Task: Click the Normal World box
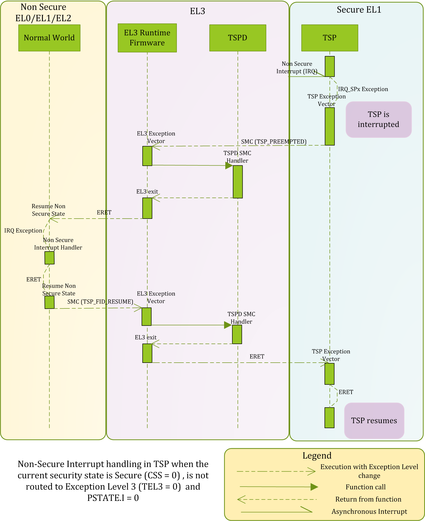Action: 49,38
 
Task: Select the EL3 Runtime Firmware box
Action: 147,38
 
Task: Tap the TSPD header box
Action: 238,38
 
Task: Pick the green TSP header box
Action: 330,38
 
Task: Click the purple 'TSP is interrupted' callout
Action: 379,119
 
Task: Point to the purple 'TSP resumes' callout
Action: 374,421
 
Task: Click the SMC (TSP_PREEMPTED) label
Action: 274,142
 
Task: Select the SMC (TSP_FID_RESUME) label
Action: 100,302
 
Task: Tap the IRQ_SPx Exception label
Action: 363,89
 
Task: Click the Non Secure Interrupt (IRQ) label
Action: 297,68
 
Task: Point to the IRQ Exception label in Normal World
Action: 23,231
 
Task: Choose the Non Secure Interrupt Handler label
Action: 58,244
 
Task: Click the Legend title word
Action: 317,455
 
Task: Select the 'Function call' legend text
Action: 365,487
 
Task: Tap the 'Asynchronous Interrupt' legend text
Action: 369,511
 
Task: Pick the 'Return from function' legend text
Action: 368,499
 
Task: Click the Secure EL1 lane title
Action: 359,10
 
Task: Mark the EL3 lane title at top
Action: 197,11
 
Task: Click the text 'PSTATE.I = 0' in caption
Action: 113,498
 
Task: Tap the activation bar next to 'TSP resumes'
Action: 329,418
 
